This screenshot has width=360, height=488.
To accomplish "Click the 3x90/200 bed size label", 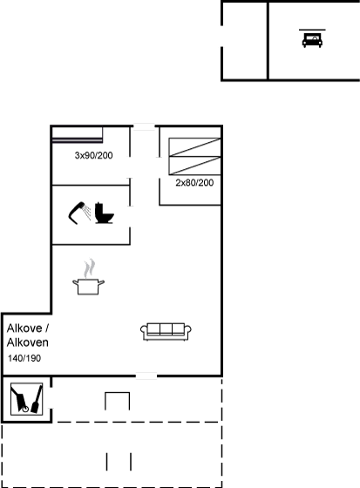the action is (94, 155).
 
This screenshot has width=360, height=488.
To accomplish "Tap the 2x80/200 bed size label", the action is (194, 183).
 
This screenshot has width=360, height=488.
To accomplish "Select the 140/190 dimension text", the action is (24, 358).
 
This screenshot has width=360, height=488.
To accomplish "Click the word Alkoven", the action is (28, 342).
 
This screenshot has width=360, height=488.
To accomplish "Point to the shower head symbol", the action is (79, 213).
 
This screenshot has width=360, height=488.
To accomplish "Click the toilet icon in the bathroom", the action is (104, 213).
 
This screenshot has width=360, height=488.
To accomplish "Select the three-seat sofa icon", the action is (166, 332).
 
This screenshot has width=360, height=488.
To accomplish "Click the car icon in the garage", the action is (312, 40).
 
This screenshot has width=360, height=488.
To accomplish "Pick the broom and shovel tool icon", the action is (26, 399).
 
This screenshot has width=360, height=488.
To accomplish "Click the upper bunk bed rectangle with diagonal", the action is (194, 147).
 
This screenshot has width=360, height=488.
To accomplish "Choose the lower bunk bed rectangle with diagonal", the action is (194, 166).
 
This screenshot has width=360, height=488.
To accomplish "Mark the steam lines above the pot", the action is (90, 268).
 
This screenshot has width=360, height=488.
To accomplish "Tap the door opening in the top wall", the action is (144, 125).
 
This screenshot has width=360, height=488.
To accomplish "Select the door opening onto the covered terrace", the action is (146, 376).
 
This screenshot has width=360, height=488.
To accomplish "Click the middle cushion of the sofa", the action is (166, 329).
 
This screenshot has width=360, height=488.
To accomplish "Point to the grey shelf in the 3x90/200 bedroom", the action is (78, 140).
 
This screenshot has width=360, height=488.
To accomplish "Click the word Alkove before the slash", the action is (24, 328).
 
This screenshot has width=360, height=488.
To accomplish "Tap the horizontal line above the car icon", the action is (312, 30).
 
